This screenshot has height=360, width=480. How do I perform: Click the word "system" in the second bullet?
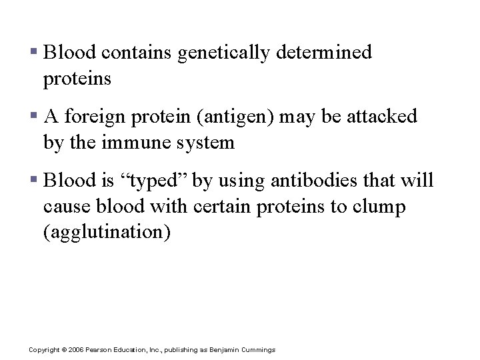pyautogui.click(x=203, y=143)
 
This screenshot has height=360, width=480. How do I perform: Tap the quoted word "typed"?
pyautogui.click(x=153, y=181)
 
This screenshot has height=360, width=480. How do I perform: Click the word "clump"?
pyautogui.click(x=382, y=207)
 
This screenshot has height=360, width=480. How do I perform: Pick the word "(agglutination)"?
pyautogui.click(x=107, y=233)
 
